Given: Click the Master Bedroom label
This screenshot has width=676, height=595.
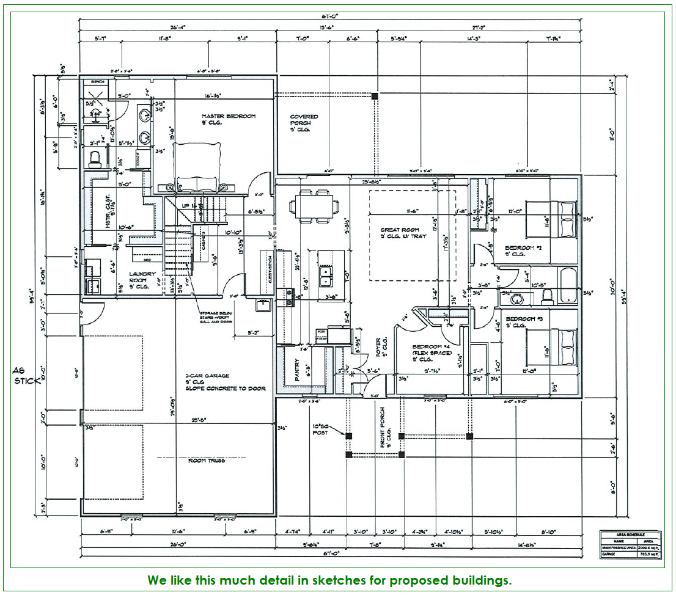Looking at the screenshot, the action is click(229, 116).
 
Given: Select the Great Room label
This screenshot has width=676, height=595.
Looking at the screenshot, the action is click(400, 230).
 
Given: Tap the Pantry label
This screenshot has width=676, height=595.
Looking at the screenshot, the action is click(298, 370).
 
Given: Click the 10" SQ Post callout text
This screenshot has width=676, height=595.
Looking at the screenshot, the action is click(321, 428).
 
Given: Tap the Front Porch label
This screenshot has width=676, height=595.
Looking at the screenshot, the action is click(383, 428).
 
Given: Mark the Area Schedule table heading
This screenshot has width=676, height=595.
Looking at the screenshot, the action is click(630, 534).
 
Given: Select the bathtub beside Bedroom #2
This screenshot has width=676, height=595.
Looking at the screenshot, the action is click(567, 286).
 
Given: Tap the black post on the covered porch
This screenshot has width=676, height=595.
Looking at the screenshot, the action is click(375, 96).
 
